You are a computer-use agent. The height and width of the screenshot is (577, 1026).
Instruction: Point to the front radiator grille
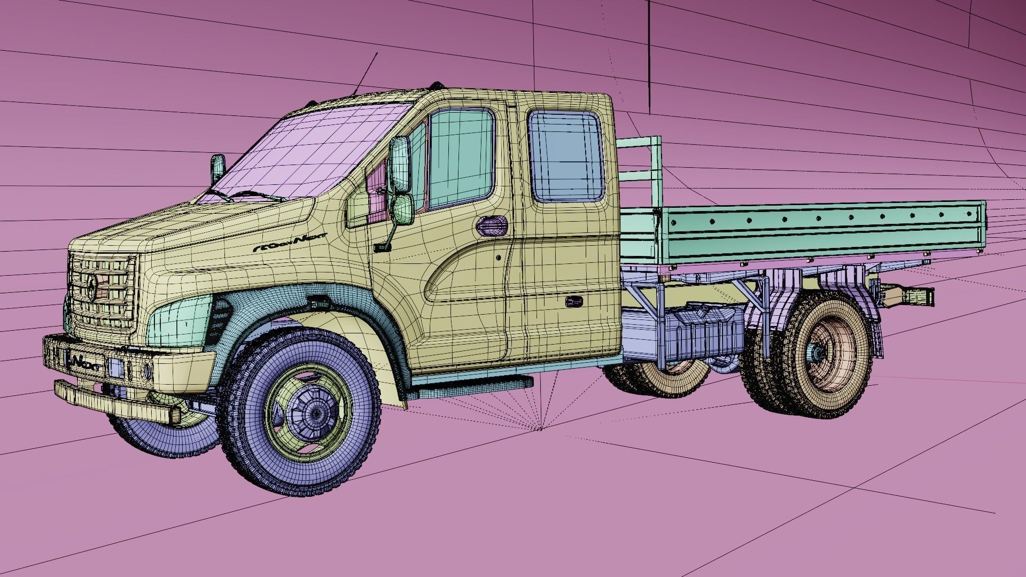click(x=102, y=291)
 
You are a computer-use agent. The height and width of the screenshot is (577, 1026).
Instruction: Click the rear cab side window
click(x=566, y=157)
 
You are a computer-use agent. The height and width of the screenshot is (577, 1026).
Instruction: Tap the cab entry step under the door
click(x=470, y=381)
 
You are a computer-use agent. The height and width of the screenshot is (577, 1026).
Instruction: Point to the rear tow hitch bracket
click(x=908, y=295)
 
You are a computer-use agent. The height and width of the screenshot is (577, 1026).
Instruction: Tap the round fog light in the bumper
click(x=148, y=370)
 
